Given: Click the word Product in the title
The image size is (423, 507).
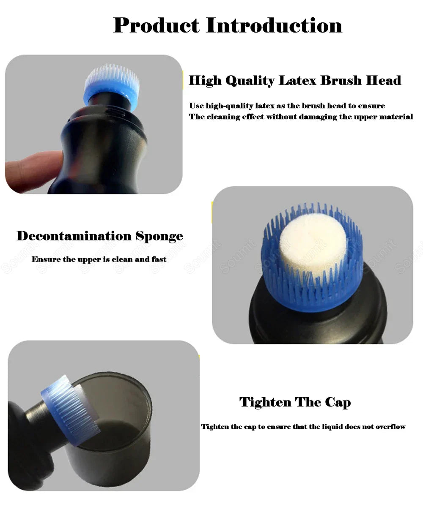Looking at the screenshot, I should point(156,25).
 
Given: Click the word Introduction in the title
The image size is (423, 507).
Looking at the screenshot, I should point(274,25).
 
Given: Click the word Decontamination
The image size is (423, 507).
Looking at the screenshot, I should point(74,236).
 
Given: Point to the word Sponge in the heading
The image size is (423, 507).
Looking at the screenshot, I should point(159,236).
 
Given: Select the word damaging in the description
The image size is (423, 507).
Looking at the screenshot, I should point(318,117).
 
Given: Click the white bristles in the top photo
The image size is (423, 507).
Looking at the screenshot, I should point(112,76).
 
